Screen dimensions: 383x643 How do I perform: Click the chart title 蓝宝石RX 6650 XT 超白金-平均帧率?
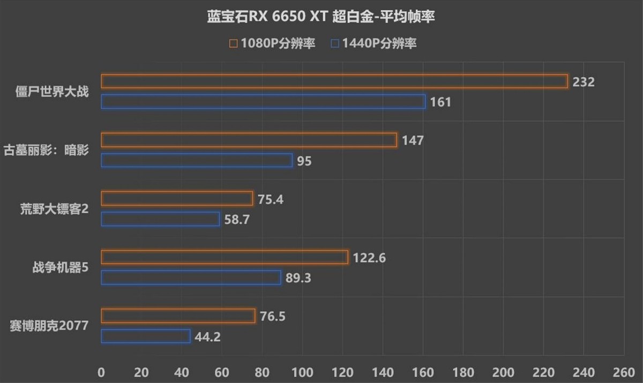tap(321, 17)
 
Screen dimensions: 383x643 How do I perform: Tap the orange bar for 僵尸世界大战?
tap(334, 81)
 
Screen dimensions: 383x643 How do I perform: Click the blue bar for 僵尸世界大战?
tap(263, 102)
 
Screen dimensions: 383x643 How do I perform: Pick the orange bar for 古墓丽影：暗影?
tap(249, 140)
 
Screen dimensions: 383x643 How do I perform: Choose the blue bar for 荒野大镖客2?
tap(160, 219)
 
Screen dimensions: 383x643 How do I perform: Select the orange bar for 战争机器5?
tap(225, 258)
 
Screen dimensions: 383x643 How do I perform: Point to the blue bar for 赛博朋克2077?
tap(146, 336)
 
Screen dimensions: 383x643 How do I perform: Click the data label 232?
tap(584, 82)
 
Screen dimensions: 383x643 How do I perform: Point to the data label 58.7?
tap(237, 220)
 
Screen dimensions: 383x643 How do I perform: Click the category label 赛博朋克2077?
tap(49, 325)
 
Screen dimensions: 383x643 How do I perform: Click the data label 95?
tap(304, 161)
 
